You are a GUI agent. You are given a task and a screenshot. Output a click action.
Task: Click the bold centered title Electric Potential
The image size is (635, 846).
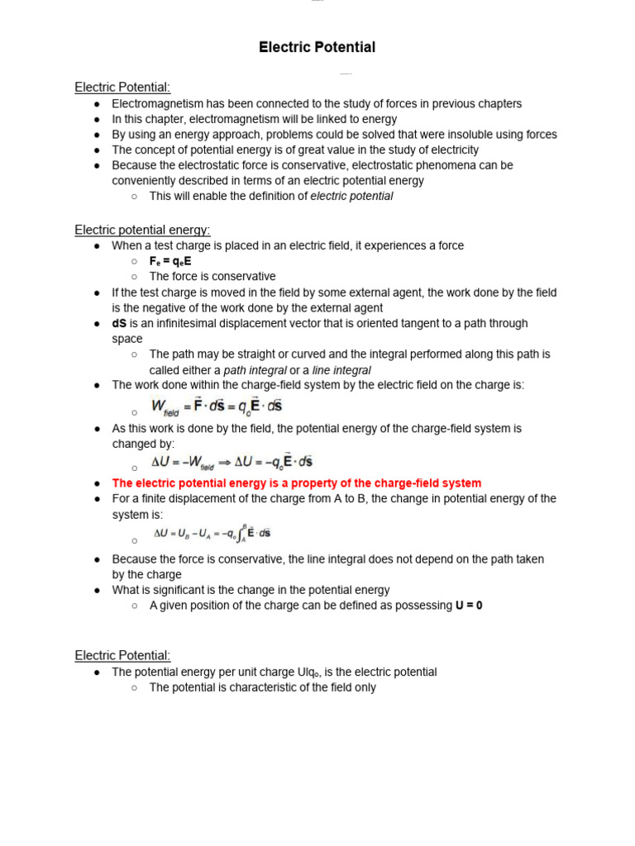click(317, 48)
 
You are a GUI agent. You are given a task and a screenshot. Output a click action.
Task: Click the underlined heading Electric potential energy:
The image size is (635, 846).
click(142, 230)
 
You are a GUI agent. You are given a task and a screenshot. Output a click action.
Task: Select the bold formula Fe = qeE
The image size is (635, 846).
click(170, 261)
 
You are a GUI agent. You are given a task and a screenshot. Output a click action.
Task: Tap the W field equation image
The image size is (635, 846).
click(217, 406)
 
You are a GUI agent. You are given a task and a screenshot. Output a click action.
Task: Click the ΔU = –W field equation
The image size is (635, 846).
click(232, 463)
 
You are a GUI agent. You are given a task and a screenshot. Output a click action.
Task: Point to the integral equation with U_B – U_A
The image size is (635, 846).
click(212, 534)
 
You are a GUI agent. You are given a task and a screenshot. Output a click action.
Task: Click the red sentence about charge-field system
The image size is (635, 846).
click(296, 483)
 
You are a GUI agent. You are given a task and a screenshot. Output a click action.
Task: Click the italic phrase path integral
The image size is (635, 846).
click(255, 370)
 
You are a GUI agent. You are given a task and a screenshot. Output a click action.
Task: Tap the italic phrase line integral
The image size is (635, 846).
click(341, 370)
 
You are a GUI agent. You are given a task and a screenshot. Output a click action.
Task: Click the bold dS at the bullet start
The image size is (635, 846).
click(119, 323)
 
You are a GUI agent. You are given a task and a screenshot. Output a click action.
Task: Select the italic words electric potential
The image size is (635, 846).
click(351, 196)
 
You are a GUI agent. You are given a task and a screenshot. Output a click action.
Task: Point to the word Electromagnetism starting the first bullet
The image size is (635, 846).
click(155, 104)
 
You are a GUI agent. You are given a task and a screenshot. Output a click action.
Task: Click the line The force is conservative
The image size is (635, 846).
click(212, 277)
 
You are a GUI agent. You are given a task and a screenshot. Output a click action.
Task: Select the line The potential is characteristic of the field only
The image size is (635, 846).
click(262, 687)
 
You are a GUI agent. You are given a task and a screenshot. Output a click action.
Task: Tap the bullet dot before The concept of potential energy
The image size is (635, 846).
click(97, 150)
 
